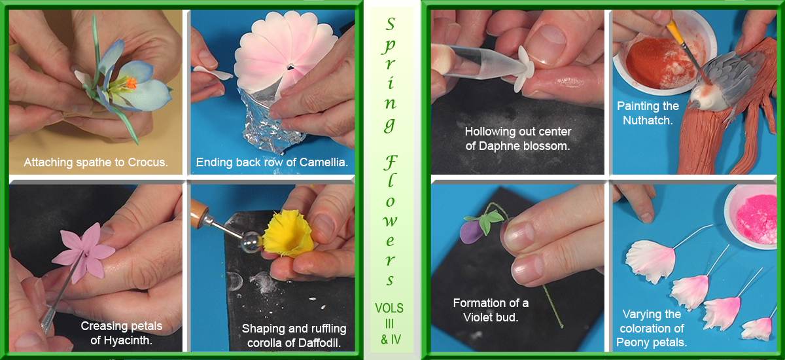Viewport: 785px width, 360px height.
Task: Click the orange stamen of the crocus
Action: [131, 83]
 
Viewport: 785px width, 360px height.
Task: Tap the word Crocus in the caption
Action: [148, 162]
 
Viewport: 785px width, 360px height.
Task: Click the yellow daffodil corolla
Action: [288, 234]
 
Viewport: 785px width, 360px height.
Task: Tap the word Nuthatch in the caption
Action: [648, 120]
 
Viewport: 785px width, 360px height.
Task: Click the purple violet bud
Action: [472, 230]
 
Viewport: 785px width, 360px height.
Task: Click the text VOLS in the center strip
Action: [389, 308]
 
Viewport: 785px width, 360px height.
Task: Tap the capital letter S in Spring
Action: [390, 24]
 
